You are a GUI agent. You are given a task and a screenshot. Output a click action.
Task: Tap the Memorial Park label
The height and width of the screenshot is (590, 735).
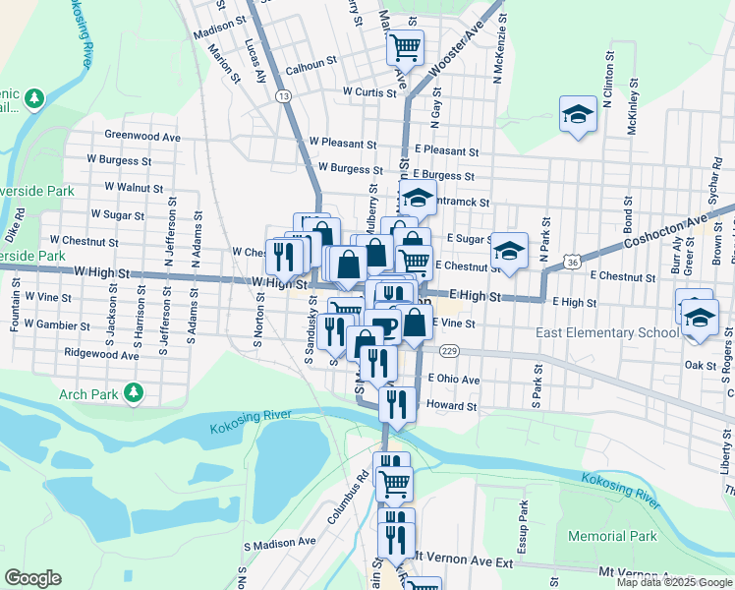(x=612, y=537)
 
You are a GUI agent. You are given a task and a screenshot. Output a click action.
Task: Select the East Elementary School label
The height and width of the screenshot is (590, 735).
(x=606, y=333)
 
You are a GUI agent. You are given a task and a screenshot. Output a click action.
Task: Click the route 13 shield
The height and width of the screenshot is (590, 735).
(x=283, y=95)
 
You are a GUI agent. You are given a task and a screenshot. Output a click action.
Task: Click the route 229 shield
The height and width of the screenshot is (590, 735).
(x=450, y=351)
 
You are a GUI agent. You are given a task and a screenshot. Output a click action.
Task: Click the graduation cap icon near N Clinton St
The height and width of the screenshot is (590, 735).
(x=579, y=115)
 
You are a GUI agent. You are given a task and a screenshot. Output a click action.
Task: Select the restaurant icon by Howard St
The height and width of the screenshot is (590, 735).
(x=397, y=404)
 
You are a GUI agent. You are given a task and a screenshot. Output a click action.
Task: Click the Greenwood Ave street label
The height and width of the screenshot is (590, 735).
(x=142, y=136)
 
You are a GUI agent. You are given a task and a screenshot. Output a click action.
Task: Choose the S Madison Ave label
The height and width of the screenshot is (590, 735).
(x=279, y=542)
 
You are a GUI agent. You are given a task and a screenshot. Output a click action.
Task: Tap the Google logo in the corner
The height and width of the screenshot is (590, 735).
(x=33, y=577)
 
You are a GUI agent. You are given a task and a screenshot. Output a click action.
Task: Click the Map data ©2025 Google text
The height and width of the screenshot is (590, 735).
(x=674, y=582)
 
